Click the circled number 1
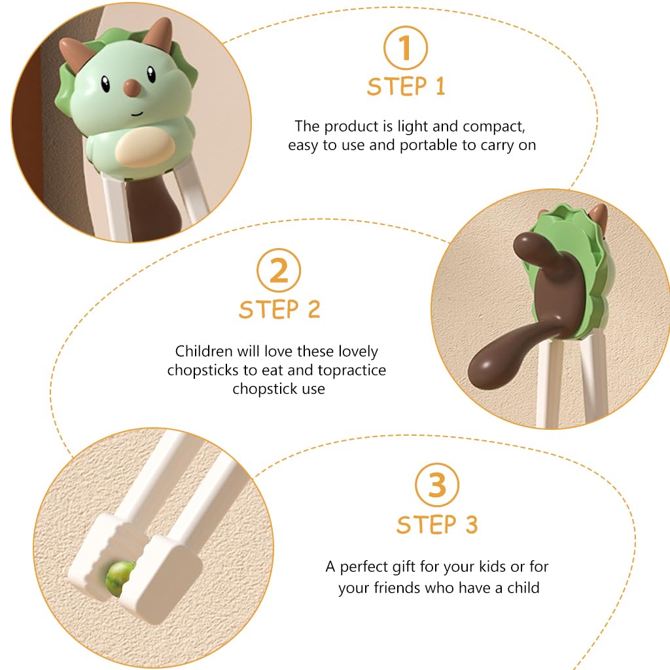(x=405, y=48)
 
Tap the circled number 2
(x=279, y=270)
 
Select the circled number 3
(x=436, y=485)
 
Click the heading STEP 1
(x=406, y=87)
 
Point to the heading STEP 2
(x=279, y=309)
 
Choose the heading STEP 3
(x=436, y=524)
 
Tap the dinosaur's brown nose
(x=132, y=87)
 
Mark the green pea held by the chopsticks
(x=120, y=578)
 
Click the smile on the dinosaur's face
(x=137, y=114)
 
